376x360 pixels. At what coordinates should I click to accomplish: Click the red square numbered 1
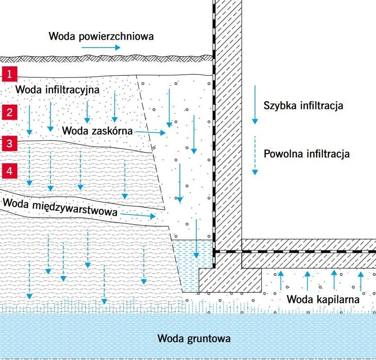tap(10, 74)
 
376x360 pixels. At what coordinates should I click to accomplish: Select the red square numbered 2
tap(10, 112)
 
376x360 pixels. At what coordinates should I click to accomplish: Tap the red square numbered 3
tap(10, 143)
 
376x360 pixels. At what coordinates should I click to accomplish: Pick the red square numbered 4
tap(10, 171)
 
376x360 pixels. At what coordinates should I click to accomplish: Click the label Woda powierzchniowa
tap(101, 36)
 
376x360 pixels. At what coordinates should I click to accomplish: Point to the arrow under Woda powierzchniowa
tap(101, 47)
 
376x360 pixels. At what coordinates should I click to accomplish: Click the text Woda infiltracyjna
tap(57, 90)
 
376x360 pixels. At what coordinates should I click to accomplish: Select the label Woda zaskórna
tap(97, 131)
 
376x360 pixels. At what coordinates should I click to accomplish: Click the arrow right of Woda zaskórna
tap(150, 132)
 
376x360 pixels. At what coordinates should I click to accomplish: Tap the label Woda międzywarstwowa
tap(60, 207)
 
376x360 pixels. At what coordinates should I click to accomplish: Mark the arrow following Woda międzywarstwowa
tap(138, 215)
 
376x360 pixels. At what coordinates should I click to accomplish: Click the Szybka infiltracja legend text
tap(303, 106)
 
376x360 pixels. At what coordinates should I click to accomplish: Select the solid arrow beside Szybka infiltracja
tap(255, 105)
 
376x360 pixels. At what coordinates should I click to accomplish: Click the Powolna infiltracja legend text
tap(307, 154)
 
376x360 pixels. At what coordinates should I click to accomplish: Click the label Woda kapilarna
tap(323, 299)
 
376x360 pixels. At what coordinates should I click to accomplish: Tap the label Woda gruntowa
tap(194, 338)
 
